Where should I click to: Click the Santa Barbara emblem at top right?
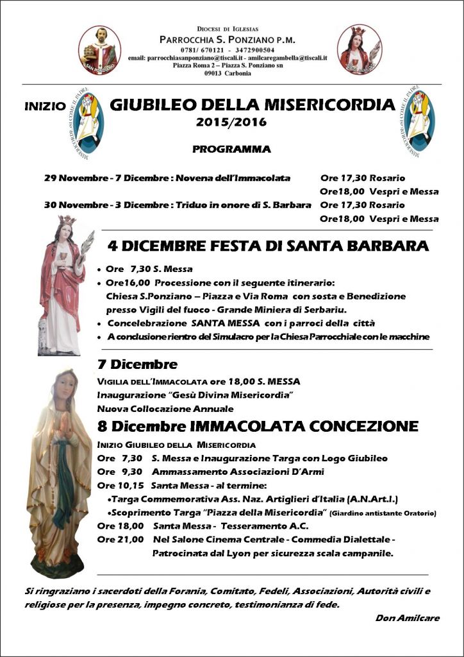point(359,49)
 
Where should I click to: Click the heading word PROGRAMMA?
point(231,149)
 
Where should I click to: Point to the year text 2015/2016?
point(232,121)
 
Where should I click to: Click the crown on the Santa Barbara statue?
point(66,221)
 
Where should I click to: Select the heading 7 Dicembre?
point(137,364)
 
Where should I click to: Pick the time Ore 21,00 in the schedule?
point(120,539)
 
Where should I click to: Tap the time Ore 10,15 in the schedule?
point(120,484)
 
